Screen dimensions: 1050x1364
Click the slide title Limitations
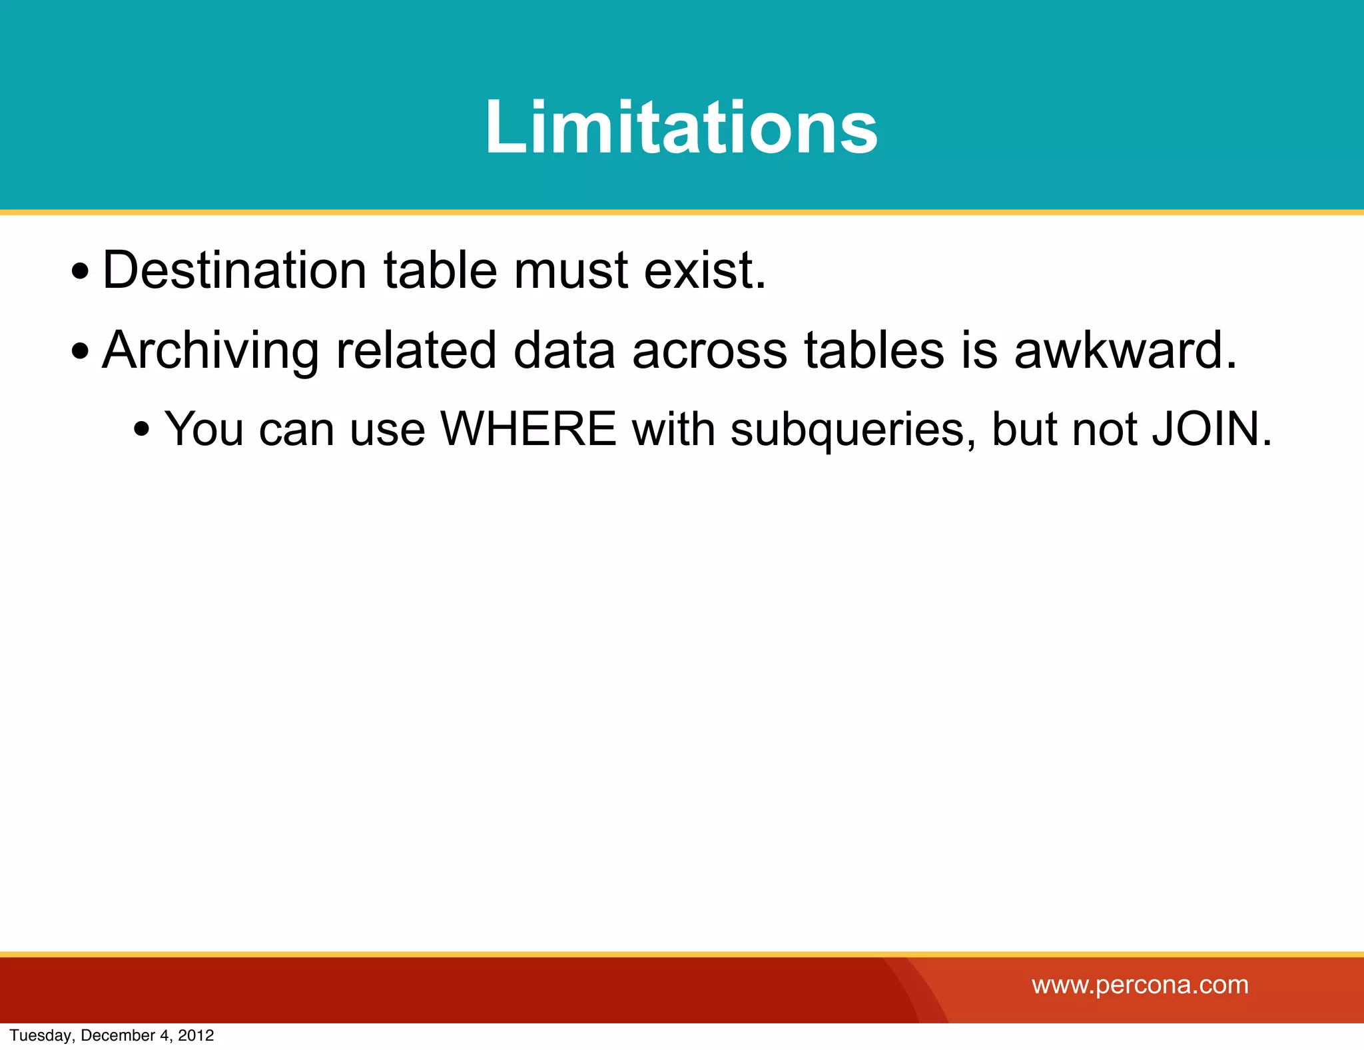tap(681, 127)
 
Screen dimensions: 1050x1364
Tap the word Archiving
tap(210, 350)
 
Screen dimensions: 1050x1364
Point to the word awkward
tap(1125, 350)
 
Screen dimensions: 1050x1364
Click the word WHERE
tap(529, 429)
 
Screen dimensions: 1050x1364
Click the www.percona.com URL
tap(1140, 985)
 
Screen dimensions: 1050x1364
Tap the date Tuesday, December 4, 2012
tap(112, 1035)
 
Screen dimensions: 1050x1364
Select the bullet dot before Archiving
tap(80, 351)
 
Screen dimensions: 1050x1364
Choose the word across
tap(709, 350)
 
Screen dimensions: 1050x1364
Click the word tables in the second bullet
tap(874, 350)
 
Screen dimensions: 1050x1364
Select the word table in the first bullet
tap(440, 270)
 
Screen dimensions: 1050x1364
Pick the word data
tap(564, 350)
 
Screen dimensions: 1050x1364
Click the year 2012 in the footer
tap(196, 1035)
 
